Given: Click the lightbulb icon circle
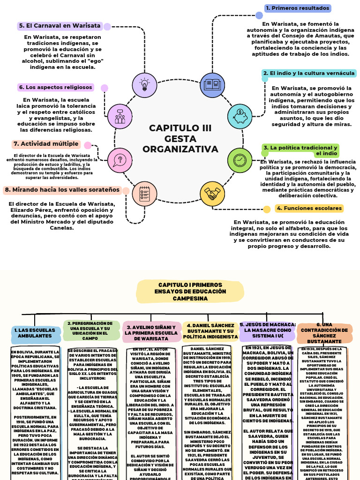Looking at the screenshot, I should [145, 85].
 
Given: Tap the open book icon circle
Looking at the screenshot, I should [212, 85].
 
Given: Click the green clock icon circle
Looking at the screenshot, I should [240, 160].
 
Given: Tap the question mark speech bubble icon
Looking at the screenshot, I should [120, 160].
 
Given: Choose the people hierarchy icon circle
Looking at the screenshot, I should [120, 116].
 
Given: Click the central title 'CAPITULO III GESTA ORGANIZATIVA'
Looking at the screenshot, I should [180, 138].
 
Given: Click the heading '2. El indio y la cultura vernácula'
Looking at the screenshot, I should [309, 74].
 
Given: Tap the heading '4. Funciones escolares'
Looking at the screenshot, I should [309, 208].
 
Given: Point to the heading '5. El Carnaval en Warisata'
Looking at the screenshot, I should [60, 26].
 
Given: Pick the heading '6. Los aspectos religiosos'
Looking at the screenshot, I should [56, 87].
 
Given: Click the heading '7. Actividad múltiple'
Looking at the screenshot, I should [46, 144].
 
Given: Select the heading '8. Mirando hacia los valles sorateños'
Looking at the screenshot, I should [62, 190].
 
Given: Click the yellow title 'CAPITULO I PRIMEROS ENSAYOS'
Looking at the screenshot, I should [190, 292].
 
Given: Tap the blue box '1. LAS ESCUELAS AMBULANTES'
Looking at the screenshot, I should [36, 333].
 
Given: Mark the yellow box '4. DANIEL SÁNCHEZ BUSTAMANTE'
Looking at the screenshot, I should [210, 331].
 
